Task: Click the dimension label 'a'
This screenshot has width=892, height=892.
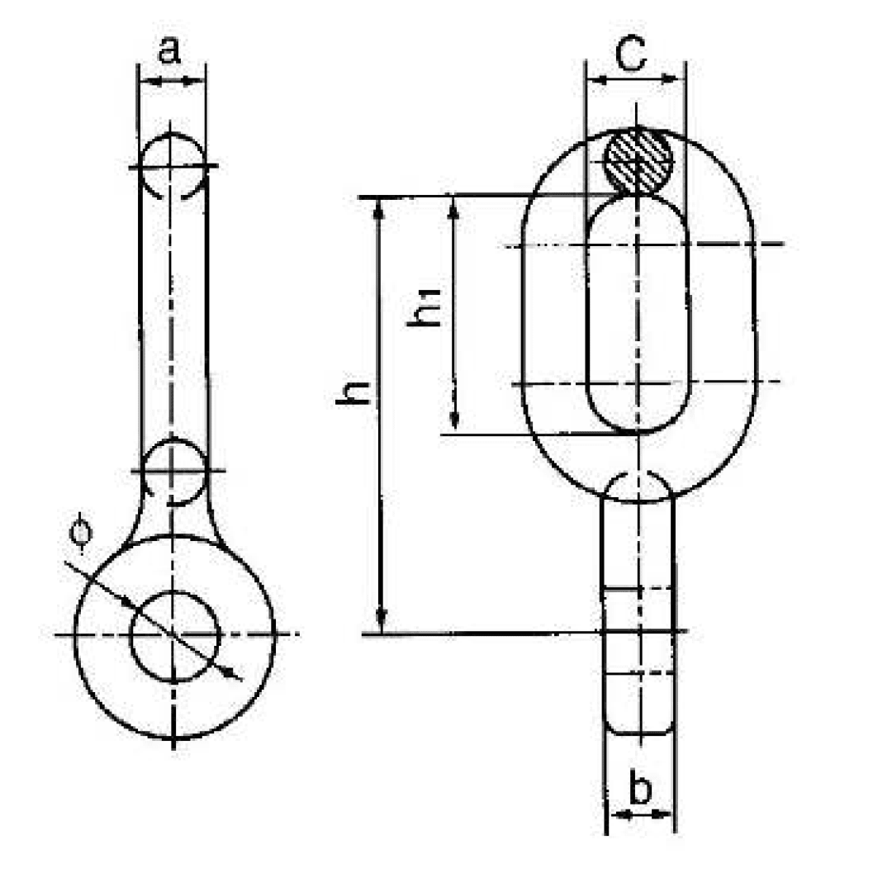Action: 169,51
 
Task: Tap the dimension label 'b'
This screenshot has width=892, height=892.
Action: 640,789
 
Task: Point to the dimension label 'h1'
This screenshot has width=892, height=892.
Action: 427,308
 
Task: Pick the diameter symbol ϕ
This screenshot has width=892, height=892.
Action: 79,533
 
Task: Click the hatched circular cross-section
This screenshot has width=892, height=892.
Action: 638,159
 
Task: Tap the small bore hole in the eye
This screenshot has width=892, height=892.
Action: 174,635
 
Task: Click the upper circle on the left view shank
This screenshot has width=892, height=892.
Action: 172,166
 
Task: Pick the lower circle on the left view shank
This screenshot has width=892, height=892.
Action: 173,471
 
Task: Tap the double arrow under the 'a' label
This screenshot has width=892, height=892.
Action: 172,81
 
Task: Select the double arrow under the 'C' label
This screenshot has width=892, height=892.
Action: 635,80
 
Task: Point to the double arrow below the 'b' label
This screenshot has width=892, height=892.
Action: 641,814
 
